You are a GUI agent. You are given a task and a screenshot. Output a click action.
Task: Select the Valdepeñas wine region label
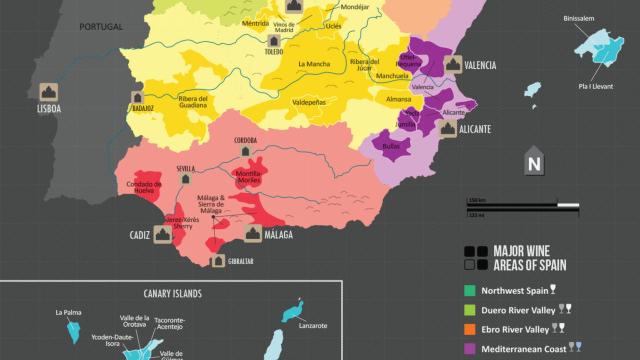click(x=307, y=101)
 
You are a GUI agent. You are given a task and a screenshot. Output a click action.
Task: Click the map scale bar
click(x=522, y=206)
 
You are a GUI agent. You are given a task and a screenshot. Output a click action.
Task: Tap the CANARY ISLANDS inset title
click(x=166, y=293)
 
